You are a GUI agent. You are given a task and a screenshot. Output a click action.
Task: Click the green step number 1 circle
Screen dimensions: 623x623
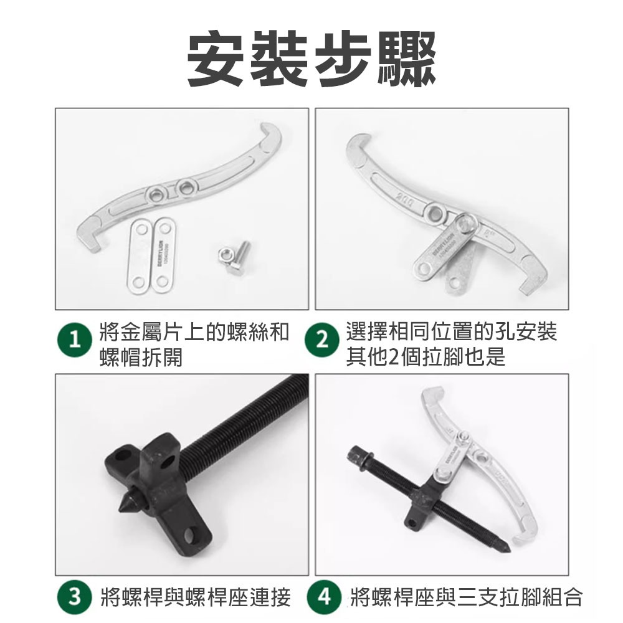[x=75, y=341]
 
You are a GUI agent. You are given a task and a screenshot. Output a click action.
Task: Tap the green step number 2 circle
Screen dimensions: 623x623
[x=321, y=341]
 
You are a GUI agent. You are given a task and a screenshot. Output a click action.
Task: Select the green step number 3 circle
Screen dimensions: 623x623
[x=75, y=597]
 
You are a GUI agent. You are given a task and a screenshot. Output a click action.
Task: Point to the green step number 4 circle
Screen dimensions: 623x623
[x=323, y=597]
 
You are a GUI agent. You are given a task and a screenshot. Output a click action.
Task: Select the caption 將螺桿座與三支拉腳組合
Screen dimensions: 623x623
[x=466, y=597]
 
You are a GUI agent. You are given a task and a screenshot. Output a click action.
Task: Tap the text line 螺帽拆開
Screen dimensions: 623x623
[x=141, y=358]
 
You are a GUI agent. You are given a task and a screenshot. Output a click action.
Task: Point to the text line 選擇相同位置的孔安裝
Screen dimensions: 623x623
[x=451, y=332]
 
